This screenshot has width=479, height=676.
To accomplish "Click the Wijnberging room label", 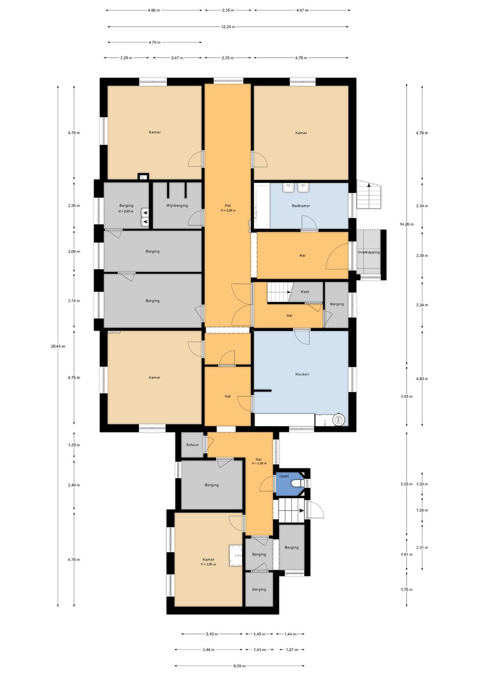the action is click(x=177, y=206).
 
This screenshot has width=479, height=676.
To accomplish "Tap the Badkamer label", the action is click(x=301, y=206).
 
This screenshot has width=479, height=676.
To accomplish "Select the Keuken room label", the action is click(x=302, y=374).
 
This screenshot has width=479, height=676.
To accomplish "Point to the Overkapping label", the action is click(x=369, y=252).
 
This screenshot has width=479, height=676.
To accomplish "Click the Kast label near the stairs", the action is click(x=305, y=291).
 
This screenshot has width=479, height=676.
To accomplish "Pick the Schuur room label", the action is click(x=192, y=445).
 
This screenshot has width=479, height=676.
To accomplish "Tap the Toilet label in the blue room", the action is click(x=284, y=476).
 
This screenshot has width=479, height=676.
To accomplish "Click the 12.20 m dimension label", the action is click(x=228, y=27).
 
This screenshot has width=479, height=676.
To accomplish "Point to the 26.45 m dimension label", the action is click(x=58, y=346).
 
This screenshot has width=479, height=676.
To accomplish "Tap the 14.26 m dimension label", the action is click(x=406, y=224).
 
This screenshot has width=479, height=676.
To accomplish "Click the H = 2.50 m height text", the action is click(x=208, y=564).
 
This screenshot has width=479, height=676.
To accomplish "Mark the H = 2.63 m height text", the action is click(x=126, y=211).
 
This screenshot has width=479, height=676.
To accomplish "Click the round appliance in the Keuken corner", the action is click(x=338, y=419).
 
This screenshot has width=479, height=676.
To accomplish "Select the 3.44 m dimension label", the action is click(x=208, y=650).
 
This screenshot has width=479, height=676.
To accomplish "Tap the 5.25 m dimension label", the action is click(x=406, y=484).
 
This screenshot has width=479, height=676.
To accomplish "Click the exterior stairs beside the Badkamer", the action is click(x=369, y=194).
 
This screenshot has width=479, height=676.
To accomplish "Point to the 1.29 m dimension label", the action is click(x=74, y=445).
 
